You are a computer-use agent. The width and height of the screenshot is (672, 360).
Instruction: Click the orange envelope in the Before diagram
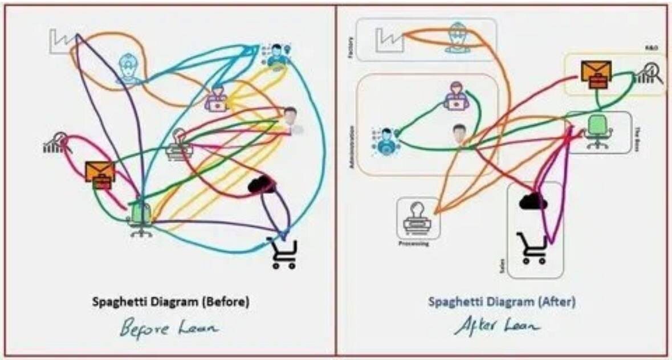pyautogui.click(x=100, y=175)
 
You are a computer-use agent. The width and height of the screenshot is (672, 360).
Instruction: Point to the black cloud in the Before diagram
pyautogui.click(x=262, y=185)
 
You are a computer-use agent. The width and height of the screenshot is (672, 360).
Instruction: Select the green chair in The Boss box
pyautogui.click(x=596, y=132)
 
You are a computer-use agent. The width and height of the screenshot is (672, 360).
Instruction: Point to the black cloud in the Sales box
pyautogui.click(x=533, y=201)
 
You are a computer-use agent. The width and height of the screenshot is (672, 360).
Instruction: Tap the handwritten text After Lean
pyautogui.click(x=498, y=326)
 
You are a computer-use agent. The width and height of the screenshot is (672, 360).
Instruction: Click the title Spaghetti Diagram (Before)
pyautogui.click(x=170, y=302)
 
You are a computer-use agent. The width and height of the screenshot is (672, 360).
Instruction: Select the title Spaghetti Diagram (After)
pyautogui.click(x=502, y=302)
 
